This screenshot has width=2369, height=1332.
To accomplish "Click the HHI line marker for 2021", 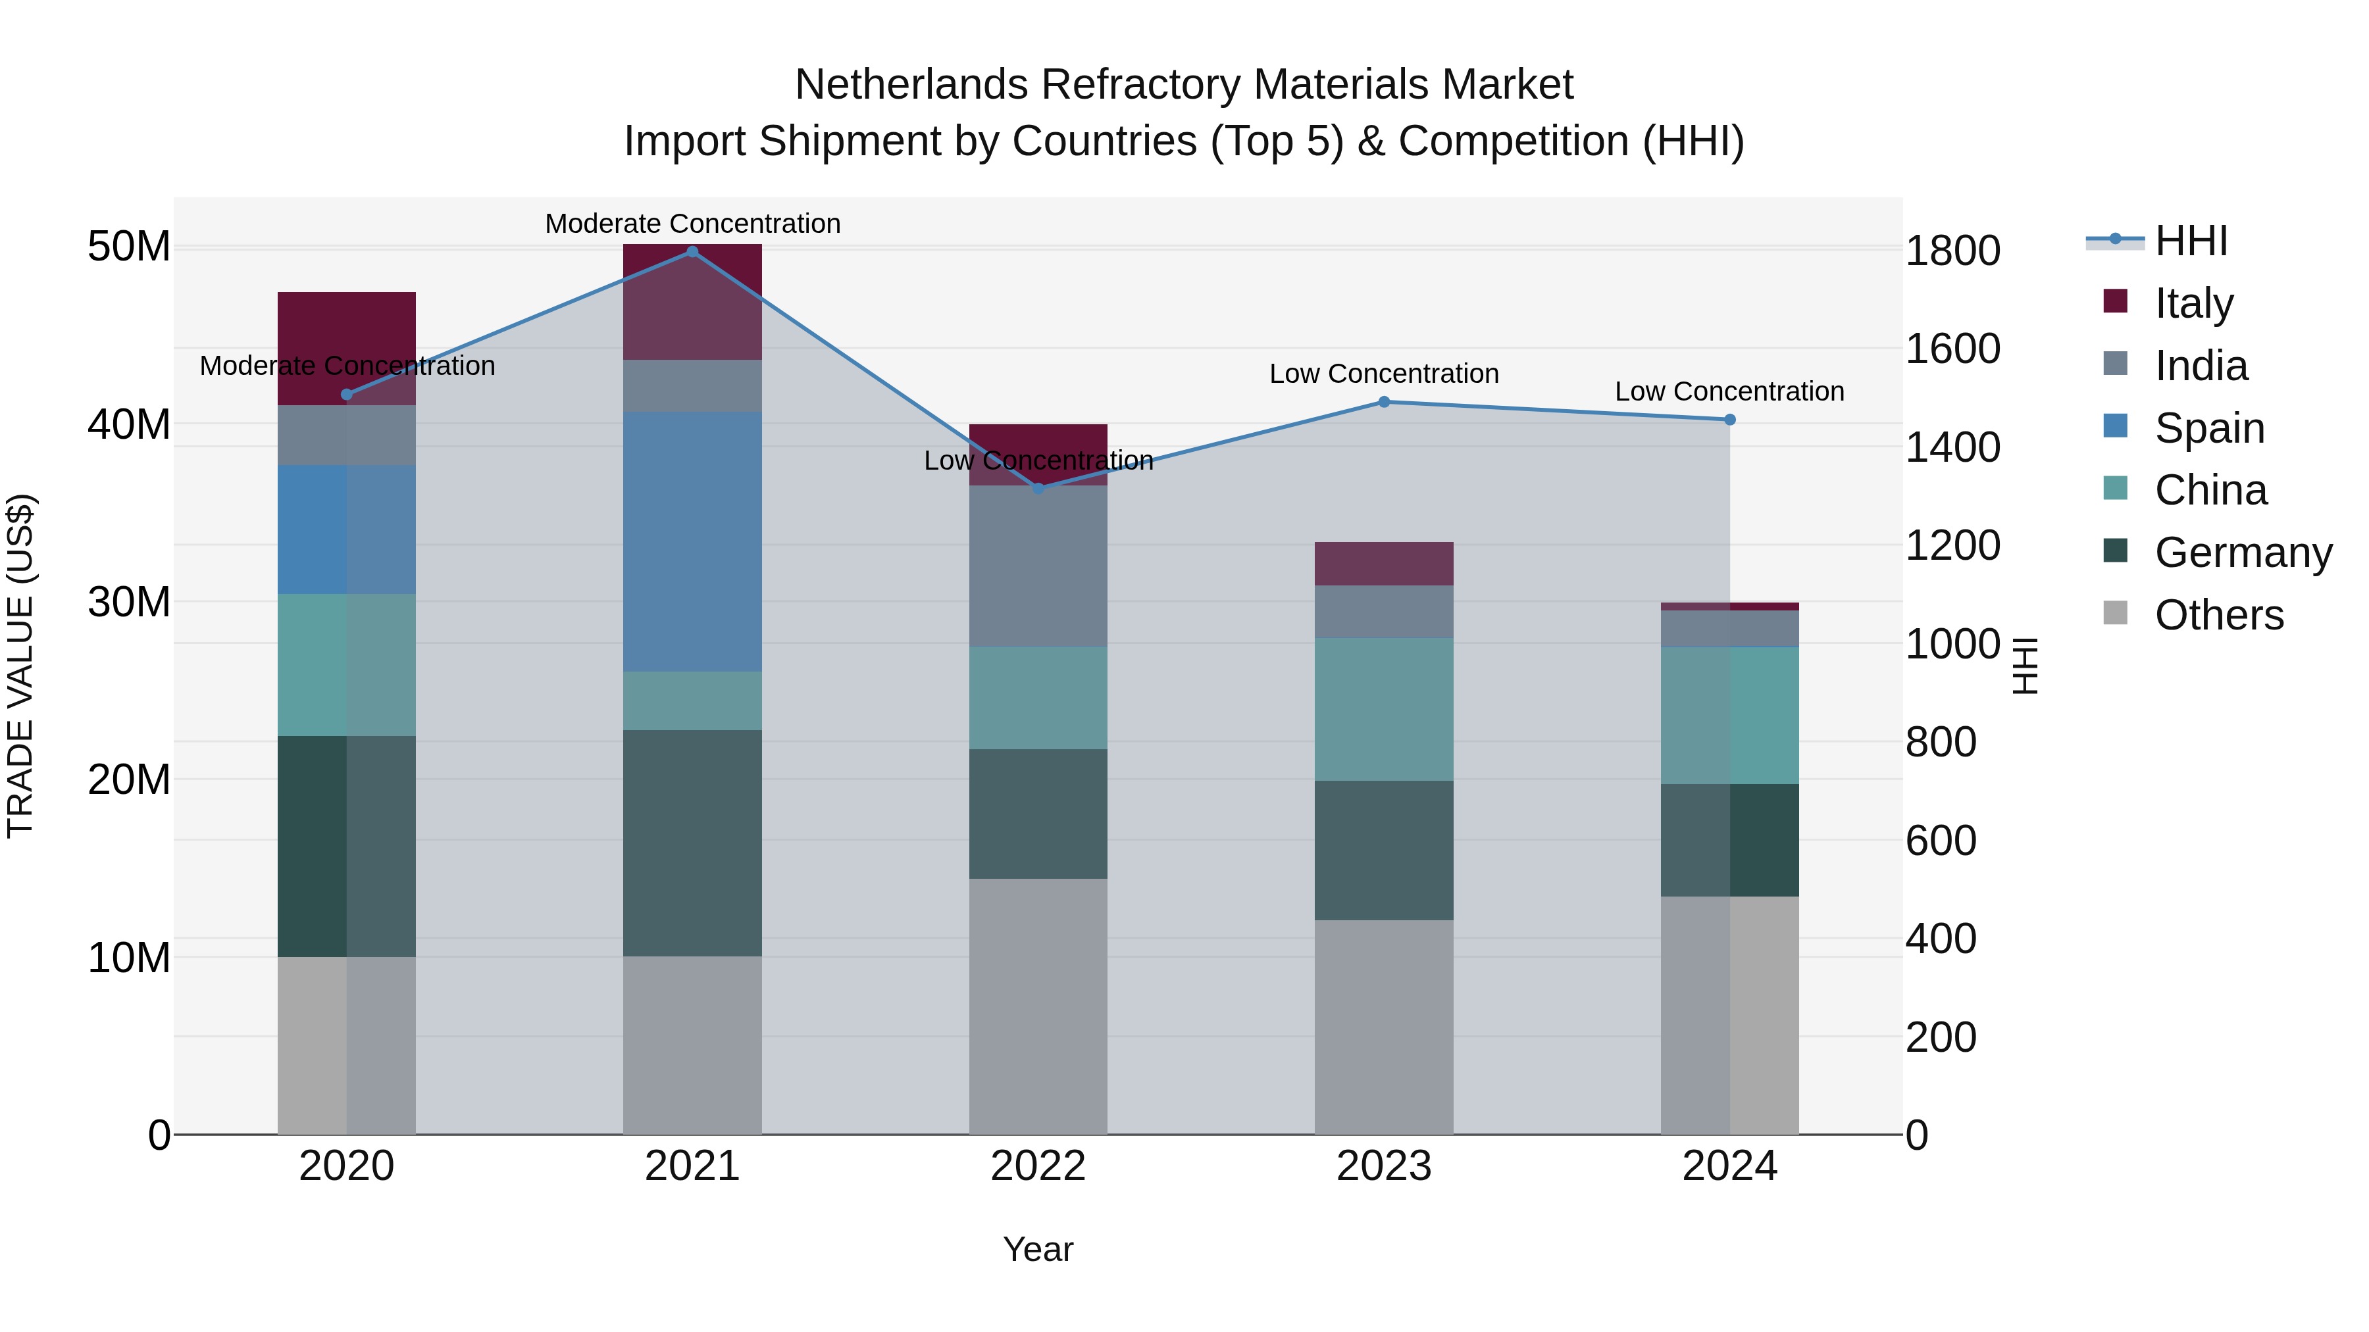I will click(692, 251).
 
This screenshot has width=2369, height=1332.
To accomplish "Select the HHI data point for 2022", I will click(1038, 488).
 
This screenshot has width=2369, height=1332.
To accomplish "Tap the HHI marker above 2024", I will click(1730, 419).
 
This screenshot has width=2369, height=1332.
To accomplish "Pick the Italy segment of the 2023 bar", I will click(1384, 564).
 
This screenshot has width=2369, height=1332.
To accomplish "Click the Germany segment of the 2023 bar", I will click(1384, 851).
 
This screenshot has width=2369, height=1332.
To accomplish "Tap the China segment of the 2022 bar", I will click(1038, 698).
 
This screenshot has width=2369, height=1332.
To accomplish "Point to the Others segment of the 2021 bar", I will click(692, 1045).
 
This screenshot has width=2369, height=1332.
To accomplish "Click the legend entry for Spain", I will click(2209, 428).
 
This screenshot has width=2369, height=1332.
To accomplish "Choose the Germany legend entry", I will click(2242, 553).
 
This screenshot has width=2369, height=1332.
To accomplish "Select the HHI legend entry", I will click(2191, 241).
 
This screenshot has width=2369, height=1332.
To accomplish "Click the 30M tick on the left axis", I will click(129, 602).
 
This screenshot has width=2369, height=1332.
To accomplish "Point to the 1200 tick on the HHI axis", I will click(1952, 545).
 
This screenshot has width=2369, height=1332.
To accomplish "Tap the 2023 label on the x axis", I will click(1384, 1166).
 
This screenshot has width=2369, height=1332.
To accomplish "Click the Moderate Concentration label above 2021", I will click(692, 224).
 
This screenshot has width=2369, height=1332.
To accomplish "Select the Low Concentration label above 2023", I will click(1384, 374).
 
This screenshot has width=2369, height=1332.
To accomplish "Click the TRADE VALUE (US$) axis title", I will click(20, 666).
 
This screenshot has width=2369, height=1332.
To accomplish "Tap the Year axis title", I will click(1038, 1249).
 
